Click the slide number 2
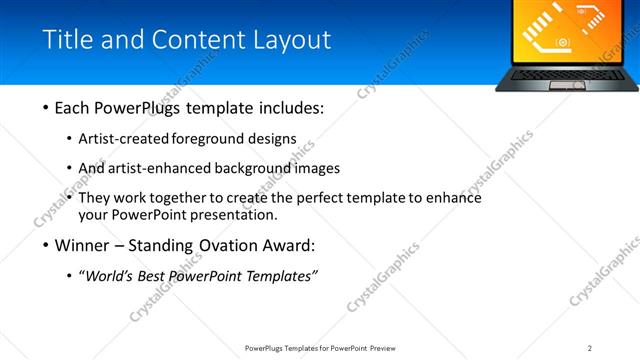click(x=590, y=348)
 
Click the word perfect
click(x=325, y=197)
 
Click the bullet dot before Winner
click(x=46, y=245)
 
